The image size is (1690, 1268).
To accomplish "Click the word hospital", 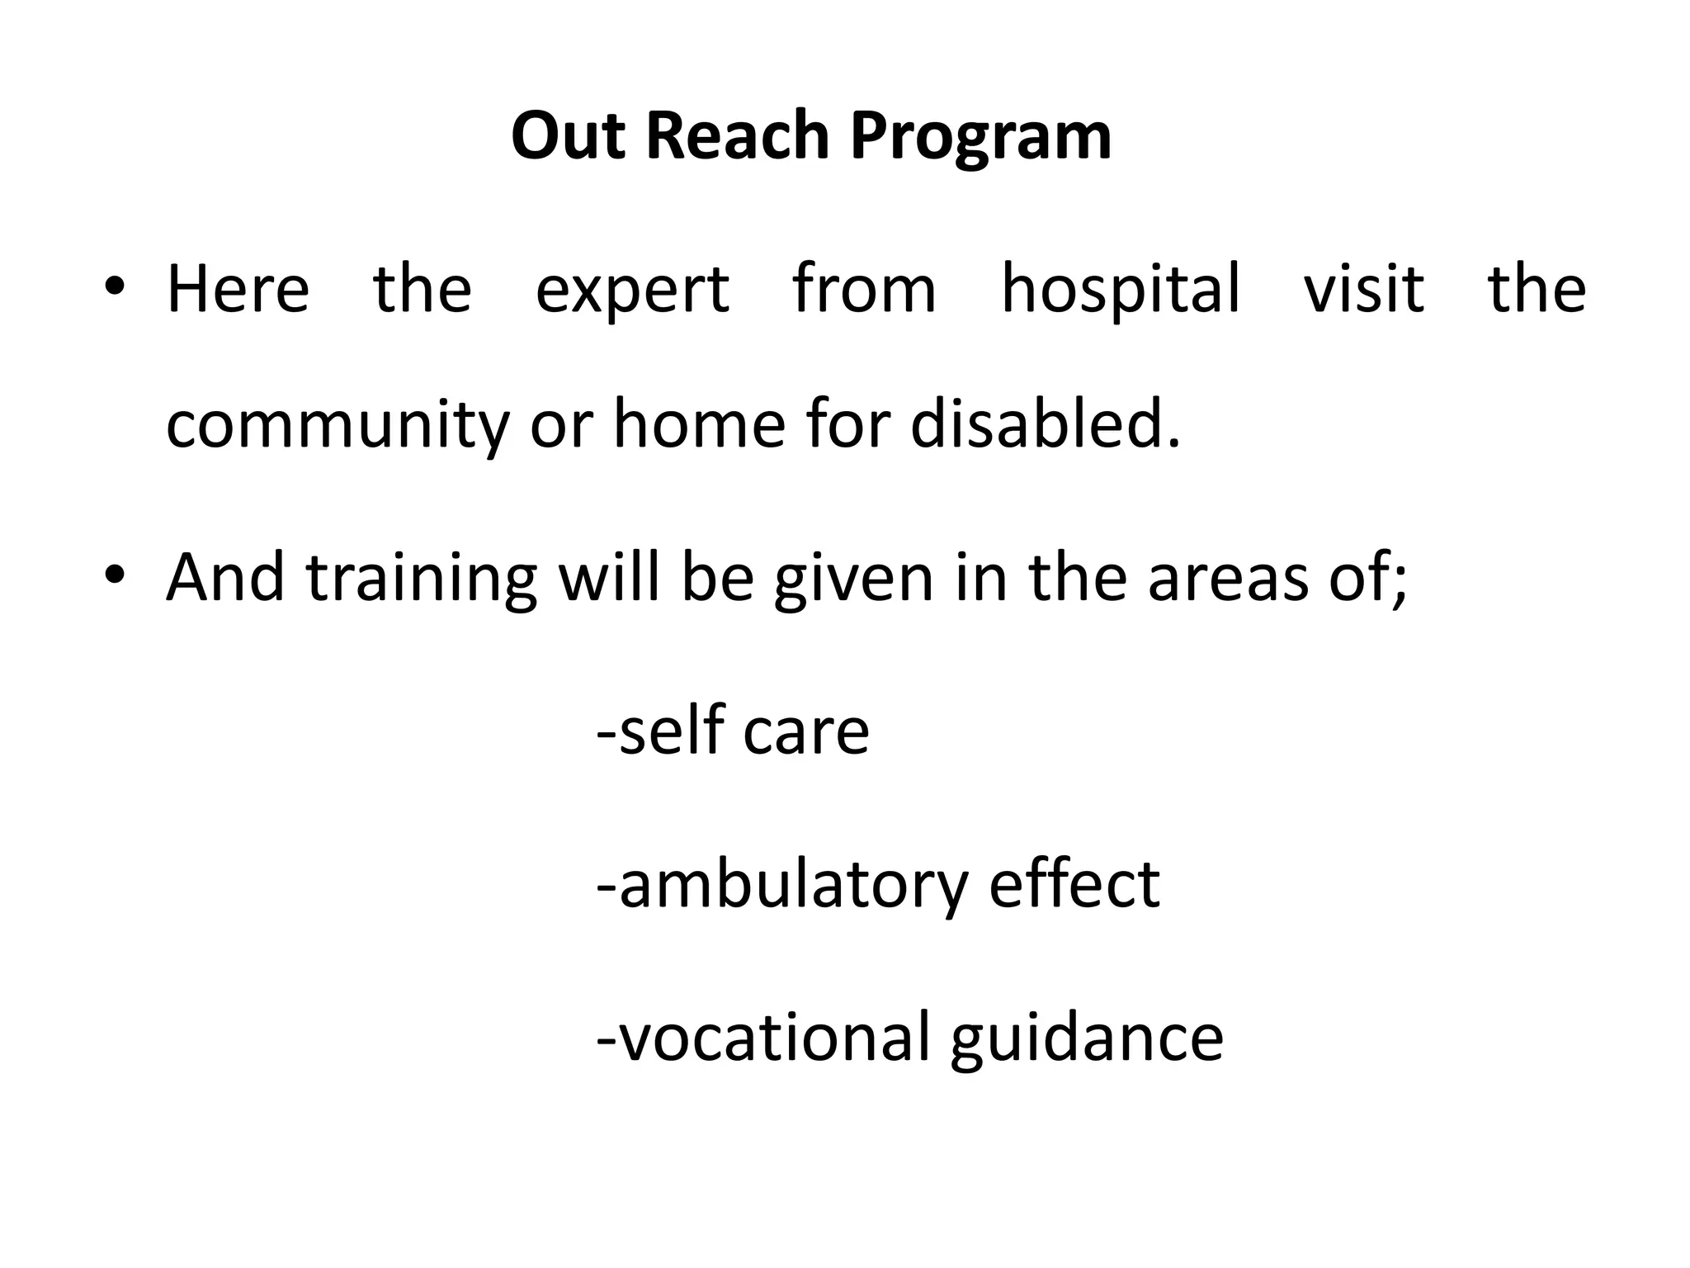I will click(x=1120, y=291).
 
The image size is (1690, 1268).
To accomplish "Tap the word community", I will click(x=338, y=426).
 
